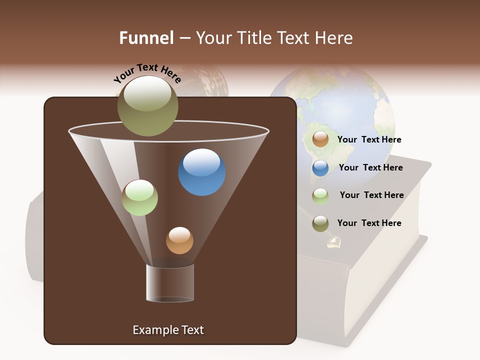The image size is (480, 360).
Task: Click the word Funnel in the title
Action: tap(146, 38)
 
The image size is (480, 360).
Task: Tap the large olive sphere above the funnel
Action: tap(147, 106)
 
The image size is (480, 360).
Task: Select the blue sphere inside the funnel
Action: tap(202, 172)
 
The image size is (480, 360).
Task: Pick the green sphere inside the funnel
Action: tap(140, 197)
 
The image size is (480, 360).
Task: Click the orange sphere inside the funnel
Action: tap(179, 240)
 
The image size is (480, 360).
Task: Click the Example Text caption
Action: tap(168, 330)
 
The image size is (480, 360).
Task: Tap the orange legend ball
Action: tap(320, 139)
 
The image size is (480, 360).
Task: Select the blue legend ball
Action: tap(320, 167)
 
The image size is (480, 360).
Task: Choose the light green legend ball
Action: tap(320, 195)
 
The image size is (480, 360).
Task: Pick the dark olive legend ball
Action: tap(320, 223)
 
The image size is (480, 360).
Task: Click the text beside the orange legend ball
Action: tap(369, 139)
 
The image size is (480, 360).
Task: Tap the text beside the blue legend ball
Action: tap(370, 167)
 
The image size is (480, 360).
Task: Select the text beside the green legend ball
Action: tap(371, 195)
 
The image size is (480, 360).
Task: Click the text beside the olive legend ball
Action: tap(369, 223)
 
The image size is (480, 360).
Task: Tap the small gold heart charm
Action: tap(333, 243)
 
